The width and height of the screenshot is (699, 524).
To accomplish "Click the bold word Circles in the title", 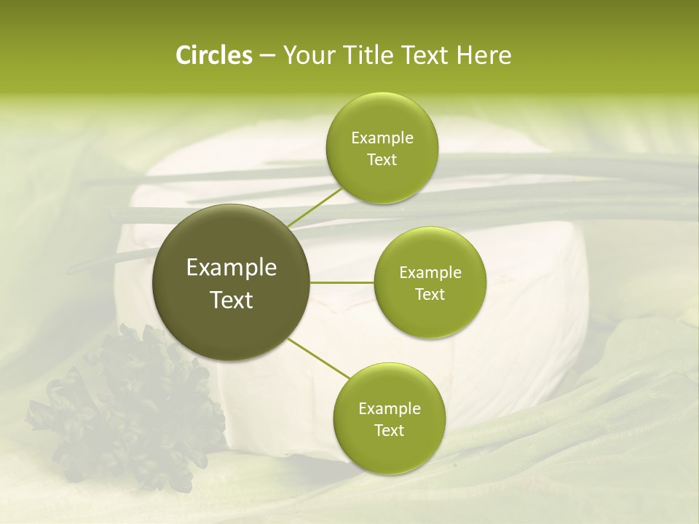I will click(x=213, y=55).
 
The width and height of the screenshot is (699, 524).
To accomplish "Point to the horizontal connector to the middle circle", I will click(x=342, y=282).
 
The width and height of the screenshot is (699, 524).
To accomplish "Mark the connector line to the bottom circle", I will click(x=317, y=359).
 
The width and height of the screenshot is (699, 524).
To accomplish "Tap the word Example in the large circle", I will click(x=232, y=268).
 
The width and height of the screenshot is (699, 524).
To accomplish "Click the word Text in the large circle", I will click(x=232, y=300).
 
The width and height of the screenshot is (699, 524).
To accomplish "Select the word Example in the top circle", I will click(x=382, y=138).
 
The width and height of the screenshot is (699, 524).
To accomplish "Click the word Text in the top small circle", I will click(x=382, y=160).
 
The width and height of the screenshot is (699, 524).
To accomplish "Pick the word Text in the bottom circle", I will click(x=389, y=431).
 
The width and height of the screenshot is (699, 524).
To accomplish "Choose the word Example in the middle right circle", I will click(x=430, y=273).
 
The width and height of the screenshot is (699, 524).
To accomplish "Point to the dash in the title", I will click(x=267, y=56).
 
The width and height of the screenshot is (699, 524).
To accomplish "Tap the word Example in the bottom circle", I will click(x=390, y=409).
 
